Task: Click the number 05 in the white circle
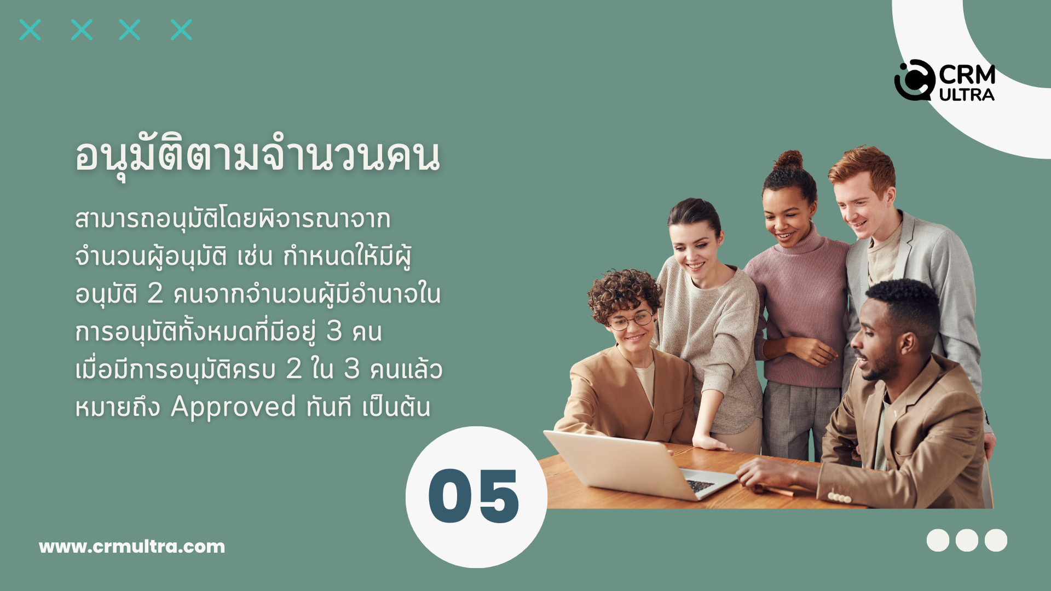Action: click(473, 496)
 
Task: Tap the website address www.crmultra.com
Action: click(132, 546)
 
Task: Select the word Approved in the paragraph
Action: click(233, 408)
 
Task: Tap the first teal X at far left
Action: click(30, 30)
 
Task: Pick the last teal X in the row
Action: click(181, 30)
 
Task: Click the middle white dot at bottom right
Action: click(967, 540)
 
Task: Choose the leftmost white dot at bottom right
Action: click(938, 540)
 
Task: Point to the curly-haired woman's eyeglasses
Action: click(631, 320)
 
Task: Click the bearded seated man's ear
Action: click(909, 344)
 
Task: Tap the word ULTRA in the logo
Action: click(967, 95)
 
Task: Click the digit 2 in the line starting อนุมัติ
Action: click(155, 294)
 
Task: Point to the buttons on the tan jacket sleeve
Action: click(839, 497)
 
